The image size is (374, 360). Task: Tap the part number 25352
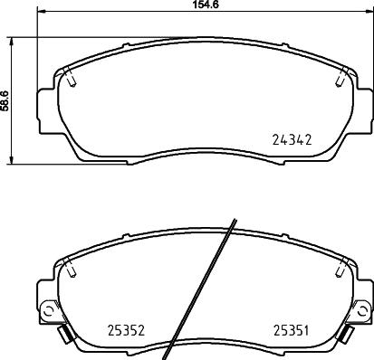pyautogui.click(x=127, y=329)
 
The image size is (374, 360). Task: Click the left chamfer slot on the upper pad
pyautogui.click(x=70, y=80)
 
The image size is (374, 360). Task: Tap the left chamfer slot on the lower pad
pyautogui.click(x=70, y=269)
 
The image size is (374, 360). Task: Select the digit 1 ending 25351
pyautogui.click(x=310, y=329)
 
